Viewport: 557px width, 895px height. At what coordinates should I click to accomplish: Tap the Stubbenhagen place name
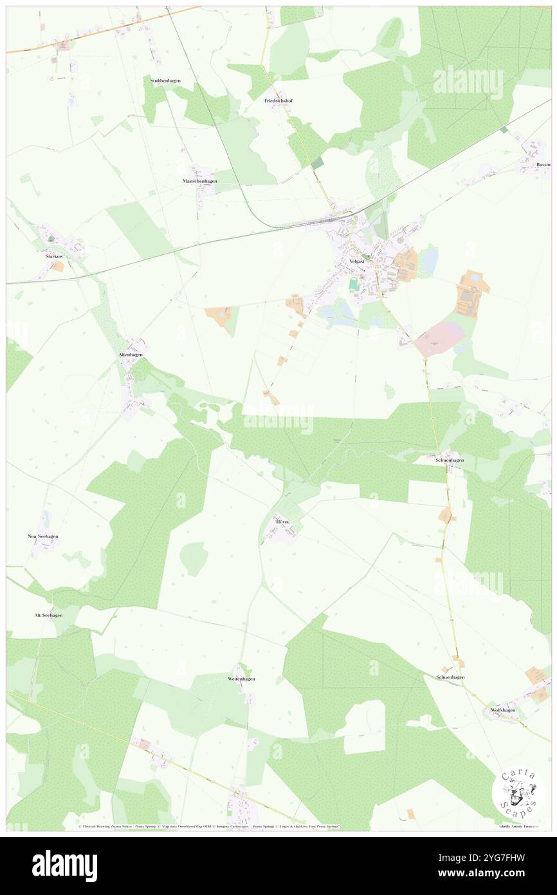tap(165, 80)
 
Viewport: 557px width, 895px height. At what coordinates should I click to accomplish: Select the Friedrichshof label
tap(278, 101)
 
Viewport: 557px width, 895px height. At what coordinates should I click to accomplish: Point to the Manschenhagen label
tap(199, 182)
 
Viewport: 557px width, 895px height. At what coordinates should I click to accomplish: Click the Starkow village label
tap(54, 256)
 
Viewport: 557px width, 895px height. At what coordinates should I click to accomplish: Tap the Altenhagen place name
tap(131, 355)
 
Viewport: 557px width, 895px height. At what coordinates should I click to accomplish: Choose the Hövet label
tap(283, 521)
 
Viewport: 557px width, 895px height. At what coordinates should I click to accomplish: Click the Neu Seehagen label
tap(43, 536)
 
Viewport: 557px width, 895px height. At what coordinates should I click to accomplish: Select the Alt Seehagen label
tap(48, 615)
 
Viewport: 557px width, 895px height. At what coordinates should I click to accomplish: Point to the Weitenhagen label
tap(241, 679)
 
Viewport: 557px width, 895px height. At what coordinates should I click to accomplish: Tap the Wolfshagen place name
tap(502, 710)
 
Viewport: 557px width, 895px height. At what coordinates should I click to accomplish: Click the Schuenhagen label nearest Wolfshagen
tap(450, 677)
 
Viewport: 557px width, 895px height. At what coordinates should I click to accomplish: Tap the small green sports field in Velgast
tap(353, 283)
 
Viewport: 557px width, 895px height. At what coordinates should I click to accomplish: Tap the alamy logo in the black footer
tap(64, 865)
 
